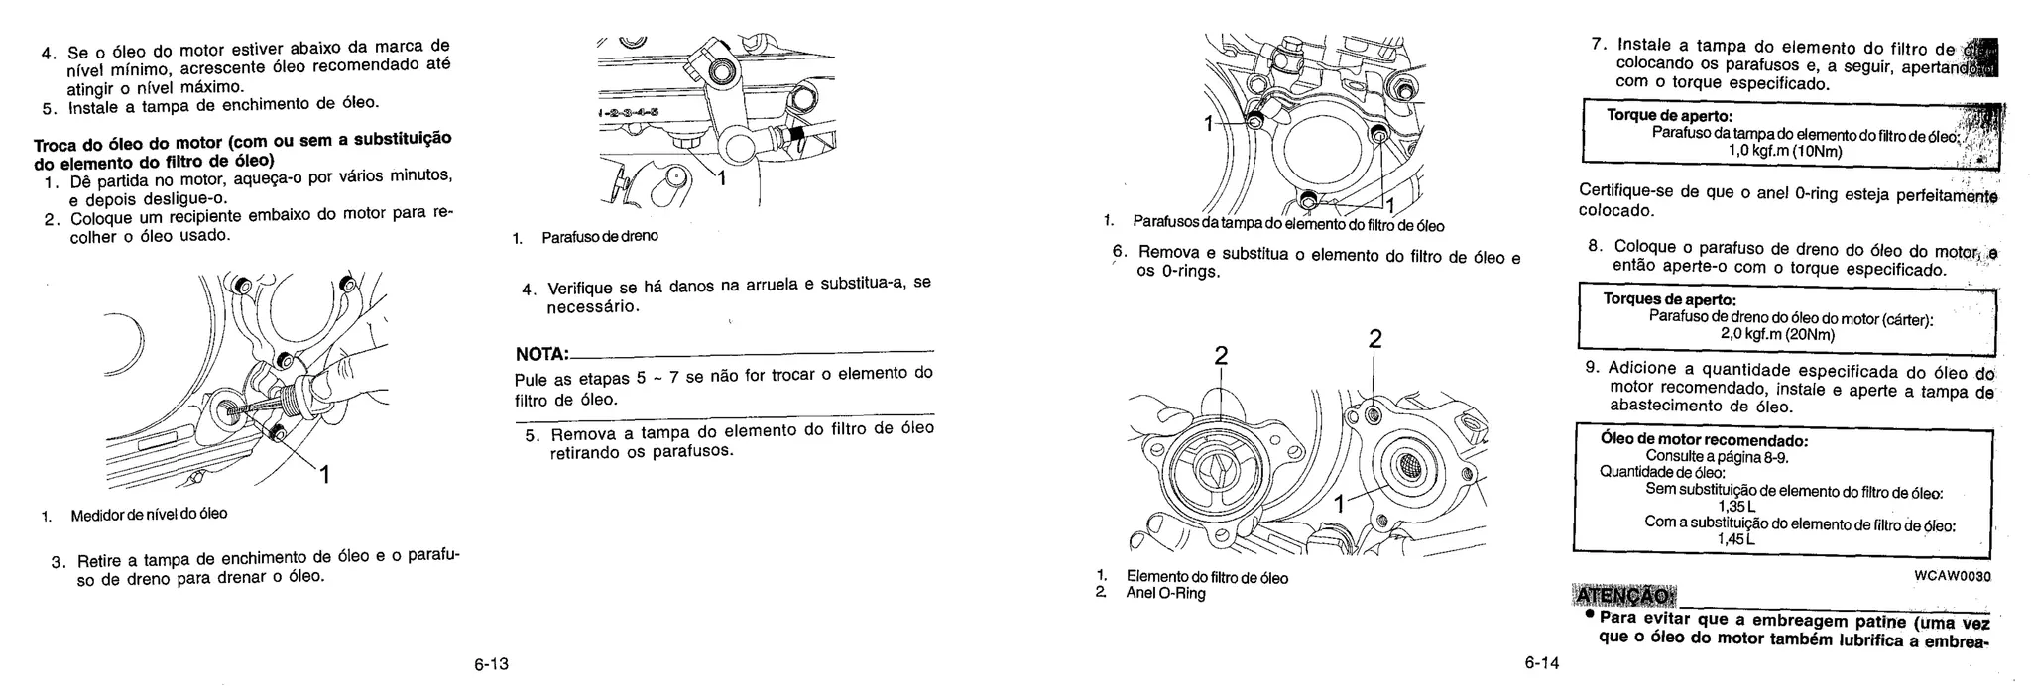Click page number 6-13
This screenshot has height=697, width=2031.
491,664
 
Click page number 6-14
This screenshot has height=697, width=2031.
1542,663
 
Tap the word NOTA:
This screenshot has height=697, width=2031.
541,355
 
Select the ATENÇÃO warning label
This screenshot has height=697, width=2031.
1623,596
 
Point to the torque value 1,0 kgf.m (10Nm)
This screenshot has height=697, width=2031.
1784,151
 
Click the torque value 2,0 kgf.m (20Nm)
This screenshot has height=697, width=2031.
1777,334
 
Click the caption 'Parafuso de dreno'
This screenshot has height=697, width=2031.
599,237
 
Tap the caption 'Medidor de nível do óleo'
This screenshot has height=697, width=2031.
148,514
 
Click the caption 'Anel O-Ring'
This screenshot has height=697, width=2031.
1165,593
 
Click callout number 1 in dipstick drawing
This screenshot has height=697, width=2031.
323,476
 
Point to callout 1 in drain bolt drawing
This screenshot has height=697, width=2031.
721,178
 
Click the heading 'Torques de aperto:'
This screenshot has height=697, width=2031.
1669,299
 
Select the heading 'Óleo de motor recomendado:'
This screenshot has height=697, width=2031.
1704,439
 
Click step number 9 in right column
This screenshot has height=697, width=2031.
1593,367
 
